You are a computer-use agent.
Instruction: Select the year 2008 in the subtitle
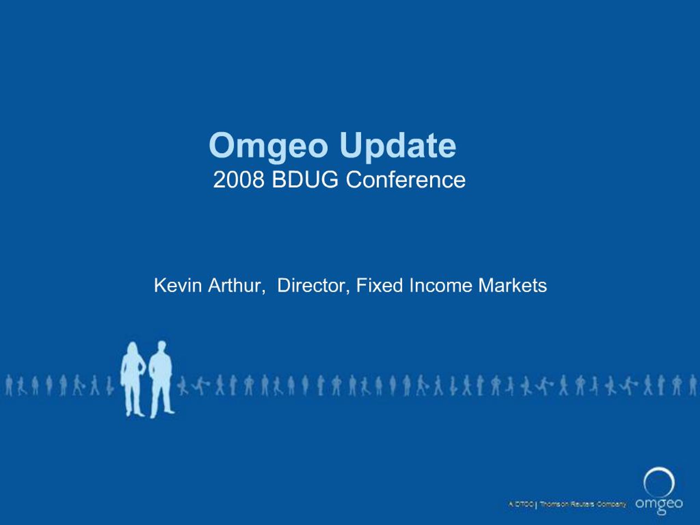pyautogui.click(x=239, y=180)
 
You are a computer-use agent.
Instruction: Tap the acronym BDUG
pyautogui.click(x=305, y=180)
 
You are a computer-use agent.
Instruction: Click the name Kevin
pyautogui.click(x=178, y=285)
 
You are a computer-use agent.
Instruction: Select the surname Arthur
pyautogui.click(x=237, y=285)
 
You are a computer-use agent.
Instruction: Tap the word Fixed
pyautogui.click(x=380, y=285)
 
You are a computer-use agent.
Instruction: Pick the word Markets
pyautogui.click(x=512, y=285)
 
